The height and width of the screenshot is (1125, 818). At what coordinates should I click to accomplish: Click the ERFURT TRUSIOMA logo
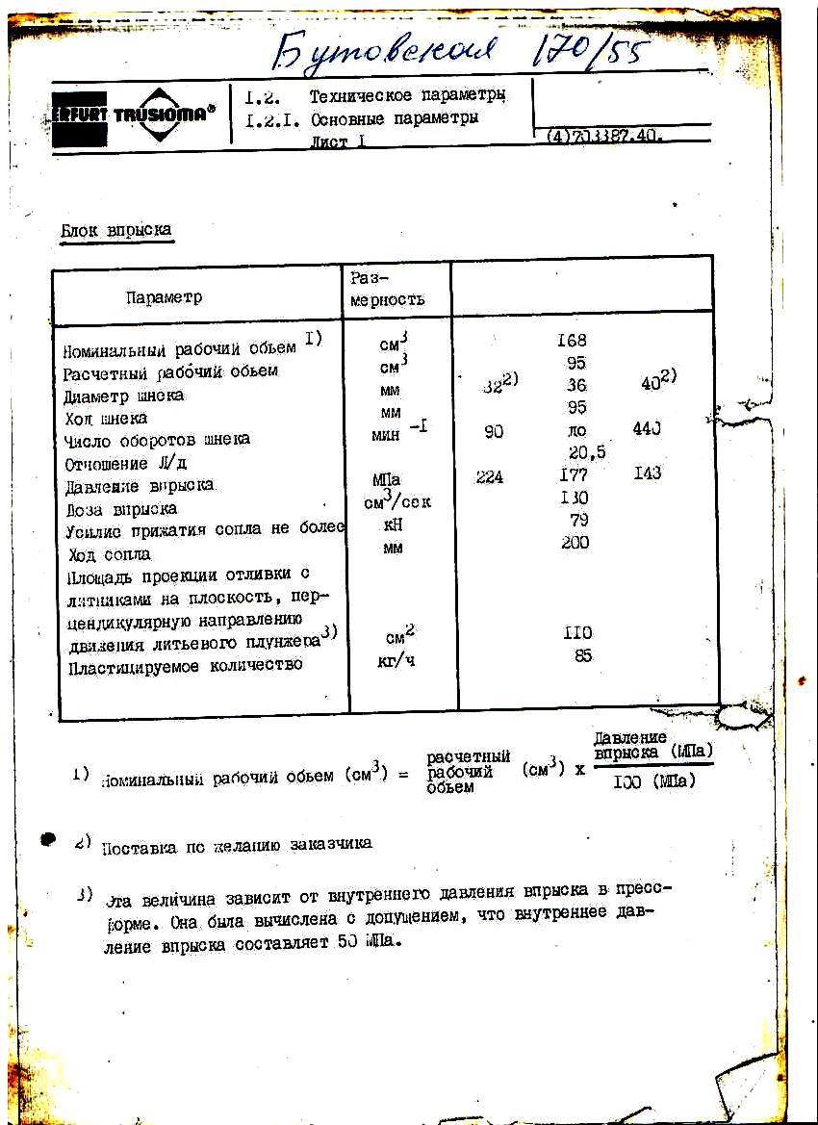coord(129,115)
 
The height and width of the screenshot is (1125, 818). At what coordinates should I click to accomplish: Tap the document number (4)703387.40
coord(603,137)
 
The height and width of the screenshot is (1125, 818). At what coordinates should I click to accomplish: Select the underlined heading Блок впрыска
coord(115,231)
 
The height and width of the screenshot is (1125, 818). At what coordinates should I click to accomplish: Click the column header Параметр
coord(164,297)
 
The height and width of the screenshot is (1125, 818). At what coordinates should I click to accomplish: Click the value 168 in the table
coord(572,341)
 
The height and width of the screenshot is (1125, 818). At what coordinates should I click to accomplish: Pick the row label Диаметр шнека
coord(123,396)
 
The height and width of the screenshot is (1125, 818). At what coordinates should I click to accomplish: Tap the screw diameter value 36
coord(576,385)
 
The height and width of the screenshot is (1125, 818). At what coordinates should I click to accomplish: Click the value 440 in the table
coord(647,430)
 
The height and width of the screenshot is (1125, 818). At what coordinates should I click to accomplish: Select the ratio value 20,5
coord(587,452)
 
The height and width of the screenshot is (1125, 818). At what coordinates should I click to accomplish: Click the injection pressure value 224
coord(490,475)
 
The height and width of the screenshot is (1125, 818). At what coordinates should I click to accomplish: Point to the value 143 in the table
coord(649,473)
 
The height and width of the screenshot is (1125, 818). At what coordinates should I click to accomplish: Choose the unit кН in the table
coord(392,524)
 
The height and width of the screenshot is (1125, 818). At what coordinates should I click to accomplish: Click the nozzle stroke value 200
coord(575,543)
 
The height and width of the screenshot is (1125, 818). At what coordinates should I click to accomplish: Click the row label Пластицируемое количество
coord(185,665)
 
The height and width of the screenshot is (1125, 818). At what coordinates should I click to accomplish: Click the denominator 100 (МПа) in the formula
coord(653,781)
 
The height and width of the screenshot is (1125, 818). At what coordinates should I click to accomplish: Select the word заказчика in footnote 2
coord(329,843)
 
